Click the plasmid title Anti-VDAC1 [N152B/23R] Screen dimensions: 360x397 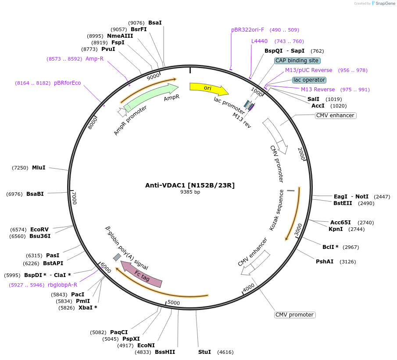pos(190,185)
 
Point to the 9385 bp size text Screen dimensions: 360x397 pos(190,192)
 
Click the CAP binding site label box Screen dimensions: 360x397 pos(297,61)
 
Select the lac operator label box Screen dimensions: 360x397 pos(309,80)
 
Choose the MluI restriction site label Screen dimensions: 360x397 pos(39,167)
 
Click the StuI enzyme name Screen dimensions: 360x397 pos(204,352)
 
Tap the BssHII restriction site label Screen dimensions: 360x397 pos(165,352)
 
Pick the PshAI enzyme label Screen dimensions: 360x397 pos(325,262)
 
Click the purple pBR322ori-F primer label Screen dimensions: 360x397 pos(248,30)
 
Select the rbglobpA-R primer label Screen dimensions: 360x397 pos(63,285)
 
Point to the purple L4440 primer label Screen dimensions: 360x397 pos(259,41)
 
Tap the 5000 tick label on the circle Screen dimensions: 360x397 pos(174,302)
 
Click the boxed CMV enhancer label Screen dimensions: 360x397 pos(335,115)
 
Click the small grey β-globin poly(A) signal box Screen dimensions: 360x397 pos(117,257)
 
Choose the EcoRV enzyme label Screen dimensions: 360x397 pos(39,230)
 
